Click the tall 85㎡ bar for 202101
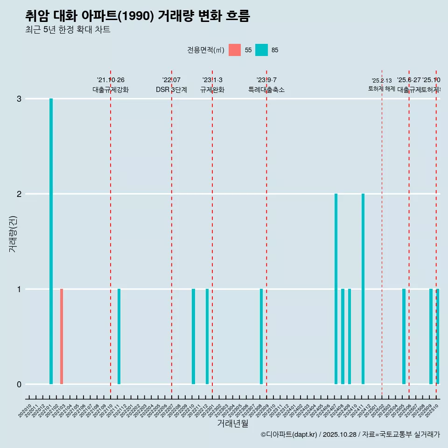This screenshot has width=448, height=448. pyautogui.click(x=51, y=241)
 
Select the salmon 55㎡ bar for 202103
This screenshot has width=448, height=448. pyautogui.click(x=62, y=336)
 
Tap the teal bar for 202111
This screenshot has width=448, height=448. pyautogui.click(x=119, y=336)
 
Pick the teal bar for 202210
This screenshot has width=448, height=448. pyautogui.click(x=193, y=336)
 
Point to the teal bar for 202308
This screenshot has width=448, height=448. pyautogui.click(x=261, y=336)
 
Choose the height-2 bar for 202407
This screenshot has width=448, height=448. pyautogui.click(x=336, y=289)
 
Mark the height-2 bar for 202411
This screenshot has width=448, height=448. pyautogui.click(x=363, y=289)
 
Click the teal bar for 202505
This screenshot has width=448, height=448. pyautogui.click(x=404, y=336)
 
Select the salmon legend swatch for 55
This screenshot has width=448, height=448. pyautogui.click(x=235, y=50)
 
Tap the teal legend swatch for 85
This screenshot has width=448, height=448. pyautogui.click(x=261, y=50)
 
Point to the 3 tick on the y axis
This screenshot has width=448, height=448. pyautogui.click(x=19, y=99)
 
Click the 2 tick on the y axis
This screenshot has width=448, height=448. pyautogui.click(x=19, y=194)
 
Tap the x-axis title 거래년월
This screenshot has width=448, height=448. pyautogui.click(x=232, y=423)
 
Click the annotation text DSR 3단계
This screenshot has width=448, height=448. pyautogui.click(x=171, y=90)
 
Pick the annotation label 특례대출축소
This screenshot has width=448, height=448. pyautogui.click(x=266, y=90)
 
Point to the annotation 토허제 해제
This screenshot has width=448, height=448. pyautogui.click(x=382, y=89)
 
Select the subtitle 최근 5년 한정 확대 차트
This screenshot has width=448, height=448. pyautogui.click(x=68, y=30)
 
